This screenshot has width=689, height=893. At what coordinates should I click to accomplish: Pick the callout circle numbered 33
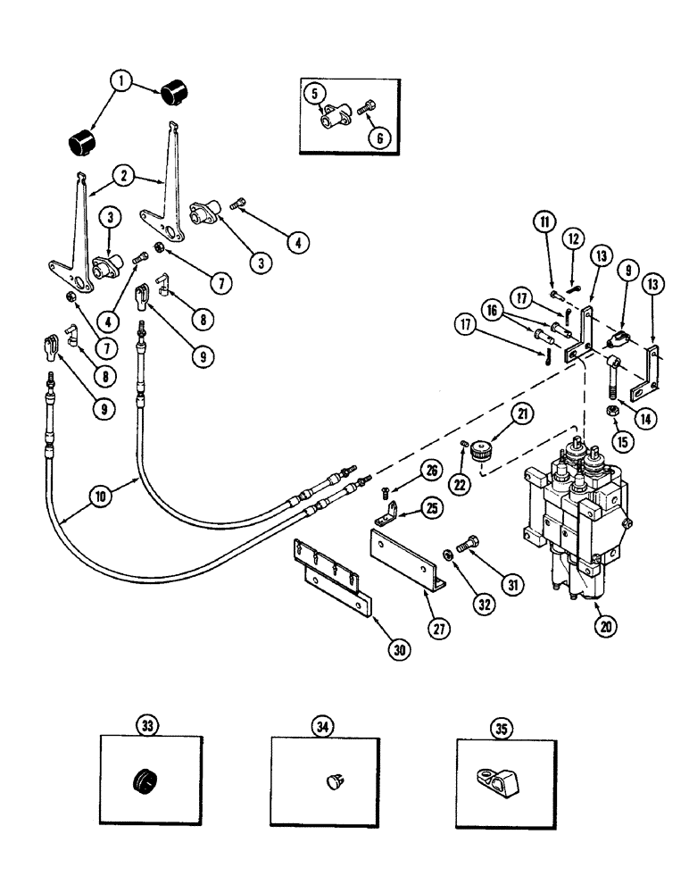pyautogui.click(x=146, y=726)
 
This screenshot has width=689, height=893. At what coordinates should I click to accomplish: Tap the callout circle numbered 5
pyautogui.click(x=314, y=92)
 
